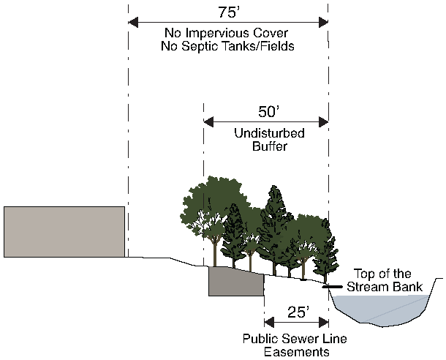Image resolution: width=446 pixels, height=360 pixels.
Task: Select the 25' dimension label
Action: pyautogui.click(x=296, y=312)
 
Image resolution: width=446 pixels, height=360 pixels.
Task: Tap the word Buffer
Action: pyautogui.click(x=265, y=146)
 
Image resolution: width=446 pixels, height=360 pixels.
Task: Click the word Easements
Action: pyautogui.click(x=296, y=351)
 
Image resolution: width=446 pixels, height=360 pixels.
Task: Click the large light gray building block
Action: pyautogui.click(x=64, y=231)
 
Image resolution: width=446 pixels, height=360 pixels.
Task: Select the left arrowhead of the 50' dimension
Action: pyautogui.click(x=208, y=121)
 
